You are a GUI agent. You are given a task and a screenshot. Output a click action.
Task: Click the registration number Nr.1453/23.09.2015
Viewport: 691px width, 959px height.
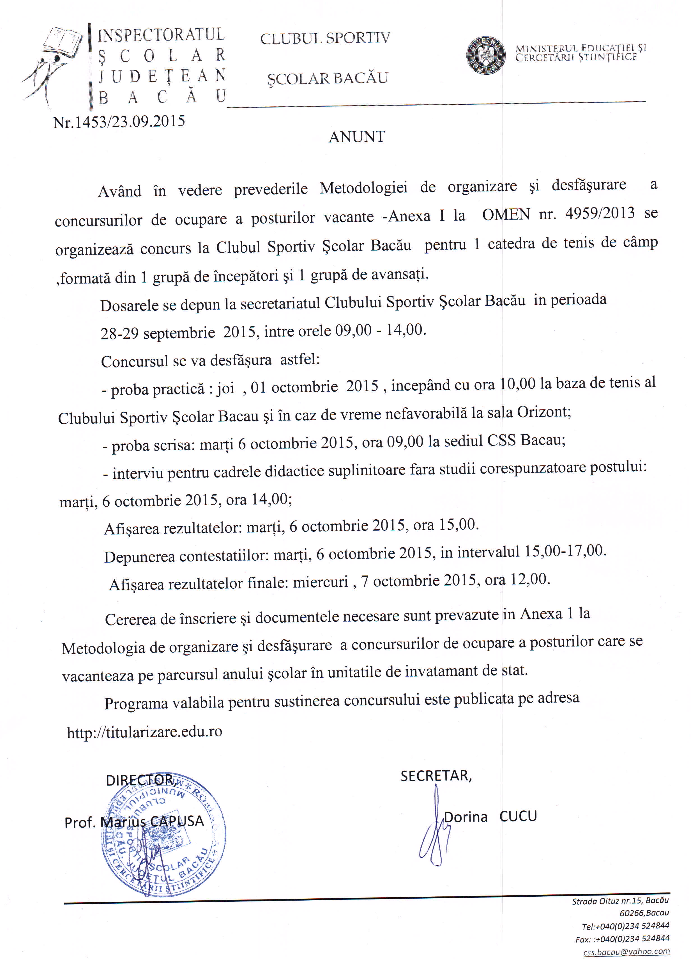(x=119, y=122)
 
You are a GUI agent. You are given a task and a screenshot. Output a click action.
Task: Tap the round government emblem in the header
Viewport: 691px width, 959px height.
(x=486, y=55)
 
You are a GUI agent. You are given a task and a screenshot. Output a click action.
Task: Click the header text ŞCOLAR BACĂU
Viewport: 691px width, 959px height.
(x=327, y=79)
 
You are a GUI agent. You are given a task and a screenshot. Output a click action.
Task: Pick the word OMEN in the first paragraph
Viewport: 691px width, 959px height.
(x=506, y=215)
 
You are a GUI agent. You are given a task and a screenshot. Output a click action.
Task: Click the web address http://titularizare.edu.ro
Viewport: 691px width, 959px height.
(x=144, y=732)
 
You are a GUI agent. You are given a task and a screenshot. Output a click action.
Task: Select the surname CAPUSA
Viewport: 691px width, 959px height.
(x=178, y=821)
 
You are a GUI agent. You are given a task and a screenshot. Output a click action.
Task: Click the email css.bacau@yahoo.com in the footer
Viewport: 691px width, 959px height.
(x=626, y=951)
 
